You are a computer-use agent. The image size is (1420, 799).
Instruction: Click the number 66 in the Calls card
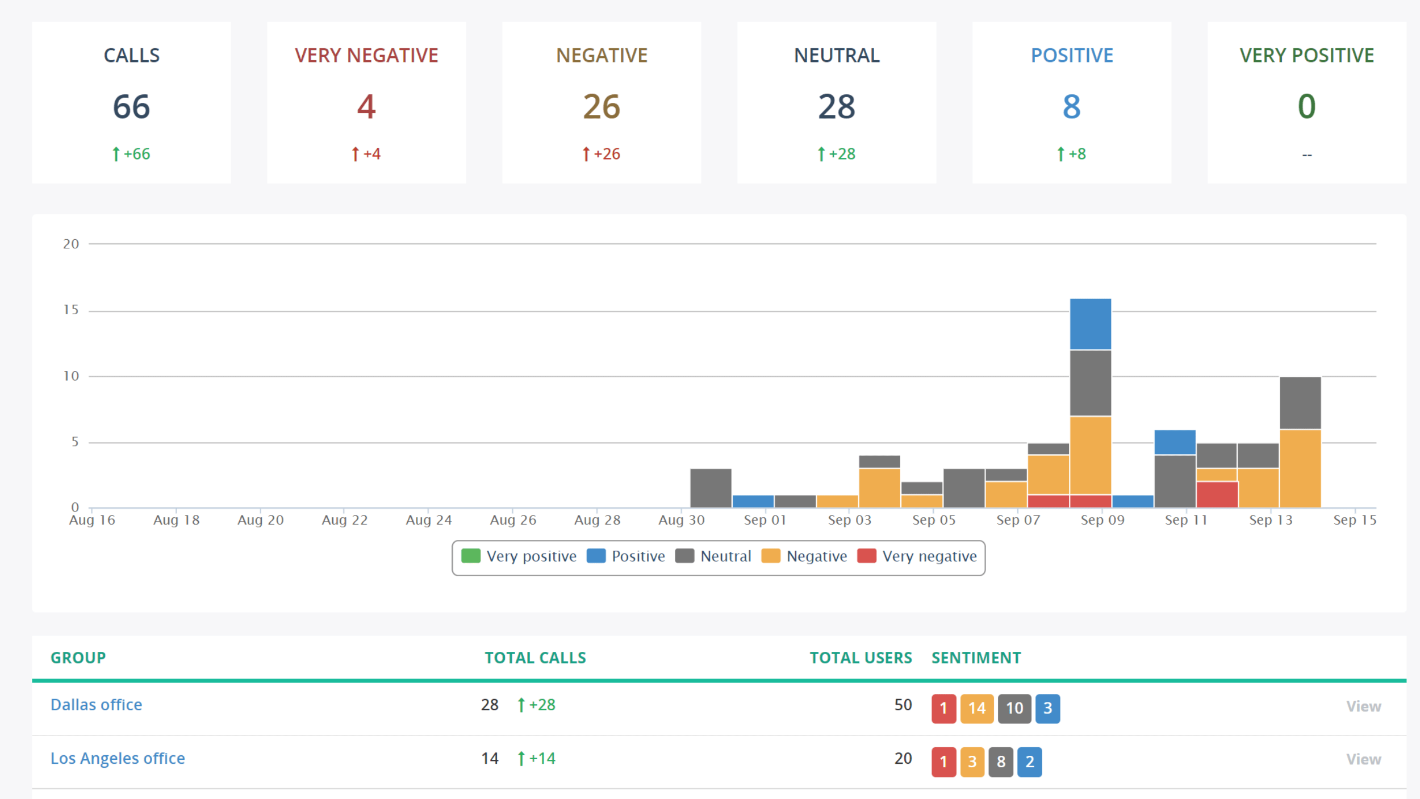click(x=131, y=107)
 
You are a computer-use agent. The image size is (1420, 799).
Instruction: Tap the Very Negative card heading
click(x=366, y=56)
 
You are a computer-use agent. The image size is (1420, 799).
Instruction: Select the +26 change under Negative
click(x=602, y=154)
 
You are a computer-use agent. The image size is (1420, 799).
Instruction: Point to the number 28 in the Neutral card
click(x=836, y=107)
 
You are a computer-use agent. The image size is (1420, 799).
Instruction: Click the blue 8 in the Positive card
click(x=1071, y=107)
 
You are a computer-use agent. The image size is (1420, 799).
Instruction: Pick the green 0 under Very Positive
click(x=1306, y=107)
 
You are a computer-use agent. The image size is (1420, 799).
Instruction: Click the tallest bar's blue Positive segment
click(x=1091, y=324)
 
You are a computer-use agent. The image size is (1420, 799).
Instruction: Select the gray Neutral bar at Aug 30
click(x=711, y=488)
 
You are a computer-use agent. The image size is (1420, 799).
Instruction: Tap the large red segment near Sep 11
click(x=1217, y=494)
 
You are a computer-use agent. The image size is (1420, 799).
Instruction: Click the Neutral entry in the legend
click(x=714, y=556)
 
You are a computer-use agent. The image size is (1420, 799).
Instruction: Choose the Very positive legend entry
click(x=519, y=556)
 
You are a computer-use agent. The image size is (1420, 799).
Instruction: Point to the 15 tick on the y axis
click(x=71, y=310)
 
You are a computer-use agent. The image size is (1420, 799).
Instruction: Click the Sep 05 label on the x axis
click(x=933, y=520)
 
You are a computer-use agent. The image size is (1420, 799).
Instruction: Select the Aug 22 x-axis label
click(x=344, y=520)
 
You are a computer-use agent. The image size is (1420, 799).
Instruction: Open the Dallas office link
click(x=96, y=705)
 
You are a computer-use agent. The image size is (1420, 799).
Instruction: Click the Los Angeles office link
click(x=118, y=758)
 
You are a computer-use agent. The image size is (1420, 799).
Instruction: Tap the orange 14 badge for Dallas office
click(x=976, y=708)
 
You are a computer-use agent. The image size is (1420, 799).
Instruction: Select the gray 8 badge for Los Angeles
click(x=1001, y=761)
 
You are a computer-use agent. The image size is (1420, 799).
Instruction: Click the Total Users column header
click(x=861, y=657)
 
